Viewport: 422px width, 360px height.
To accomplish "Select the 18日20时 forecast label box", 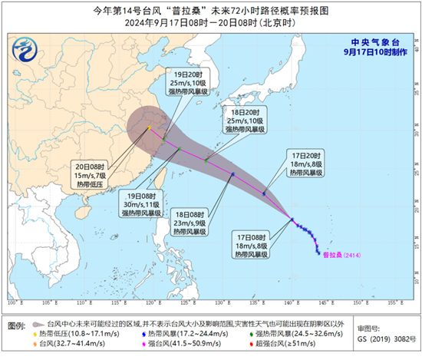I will point(244,121).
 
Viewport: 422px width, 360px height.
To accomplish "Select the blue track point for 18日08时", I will point(232,174).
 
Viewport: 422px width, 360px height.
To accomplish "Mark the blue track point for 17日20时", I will point(263,193).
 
